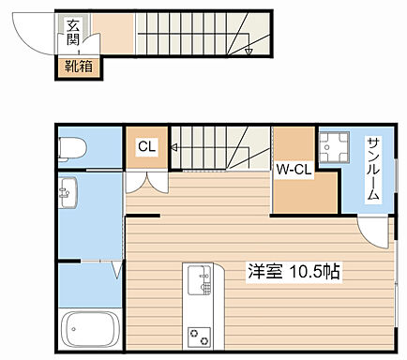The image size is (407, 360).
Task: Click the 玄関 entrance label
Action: coord(73,36)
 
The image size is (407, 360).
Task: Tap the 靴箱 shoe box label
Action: coord(78,66)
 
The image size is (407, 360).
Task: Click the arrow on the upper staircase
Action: coord(248,50)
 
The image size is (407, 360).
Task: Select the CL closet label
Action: coord(146,146)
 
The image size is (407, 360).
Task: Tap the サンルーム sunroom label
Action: coord(373,169)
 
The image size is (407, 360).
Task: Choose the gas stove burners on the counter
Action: coord(200,332)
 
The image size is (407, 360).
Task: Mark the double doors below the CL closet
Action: coord(146,182)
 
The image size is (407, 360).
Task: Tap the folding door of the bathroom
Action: coord(117,271)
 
